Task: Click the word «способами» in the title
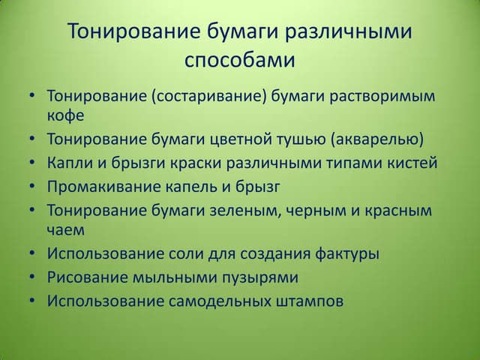(240, 61)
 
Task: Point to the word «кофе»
(65, 115)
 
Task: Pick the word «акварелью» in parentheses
(376, 139)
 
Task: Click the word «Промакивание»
(103, 187)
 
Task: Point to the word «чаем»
(65, 230)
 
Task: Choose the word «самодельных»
(220, 301)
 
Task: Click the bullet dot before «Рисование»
(32, 277)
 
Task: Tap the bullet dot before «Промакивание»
(32, 186)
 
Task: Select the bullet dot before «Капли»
(32, 162)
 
